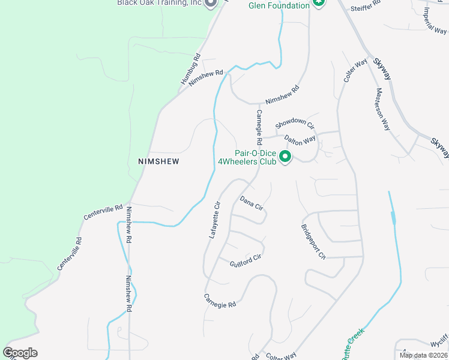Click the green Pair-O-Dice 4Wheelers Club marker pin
point(286,157)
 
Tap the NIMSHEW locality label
point(158,161)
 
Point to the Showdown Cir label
point(295,124)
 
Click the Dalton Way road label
point(300,140)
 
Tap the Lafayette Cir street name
point(215,220)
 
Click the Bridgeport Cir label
point(313,240)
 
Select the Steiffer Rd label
point(367,5)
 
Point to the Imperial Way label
point(434,20)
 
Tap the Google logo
point(20,352)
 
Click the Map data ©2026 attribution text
point(423,355)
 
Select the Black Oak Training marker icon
point(211,4)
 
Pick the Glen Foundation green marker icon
point(319,4)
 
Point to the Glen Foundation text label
point(279,5)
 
